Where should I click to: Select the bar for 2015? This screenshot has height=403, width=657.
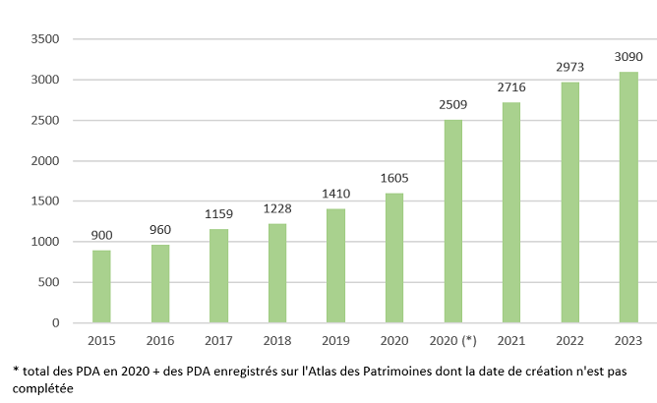pyautogui.click(x=101, y=286)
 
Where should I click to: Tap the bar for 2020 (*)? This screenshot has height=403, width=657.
pyautogui.click(x=452, y=221)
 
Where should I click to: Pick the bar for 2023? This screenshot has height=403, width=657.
pyautogui.click(x=628, y=198)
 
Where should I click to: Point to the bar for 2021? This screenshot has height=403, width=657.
pyautogui.click(x=511, y=212)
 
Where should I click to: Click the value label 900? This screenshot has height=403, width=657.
pyautogui.click(x=101, y=236)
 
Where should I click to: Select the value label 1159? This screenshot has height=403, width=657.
pyautogui.click(x=218, y=214)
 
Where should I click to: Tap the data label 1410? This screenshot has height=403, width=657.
pyautogui.click(x=335, y=195)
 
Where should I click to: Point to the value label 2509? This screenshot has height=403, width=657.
pyautogui.click(x=452, y=105)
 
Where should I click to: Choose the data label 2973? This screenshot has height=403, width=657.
pyautogui.click(x=570, y=68)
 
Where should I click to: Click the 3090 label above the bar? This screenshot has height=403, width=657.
pyautogui.click(x=628, y=58)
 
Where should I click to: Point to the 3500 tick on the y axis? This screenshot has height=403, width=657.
pyautogui.click(x=46, y=39)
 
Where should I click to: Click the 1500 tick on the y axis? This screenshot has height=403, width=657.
pyautogui.click(x=46, y=201)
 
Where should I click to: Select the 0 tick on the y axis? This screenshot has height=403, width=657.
pyautogui.click(x=56, y=323)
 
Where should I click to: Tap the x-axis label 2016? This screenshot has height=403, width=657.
pyautogui.click(x=160, y=340)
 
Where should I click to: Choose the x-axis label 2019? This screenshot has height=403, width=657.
pyautogui.click(x=335, y=340)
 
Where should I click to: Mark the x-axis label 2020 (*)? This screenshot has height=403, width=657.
pyautogui.click(x=452, y=340)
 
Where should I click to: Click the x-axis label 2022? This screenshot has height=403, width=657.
pyautogui.click(x=570, y=340)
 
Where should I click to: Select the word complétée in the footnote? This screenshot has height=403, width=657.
pyautogui.click(x=38, y=388)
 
